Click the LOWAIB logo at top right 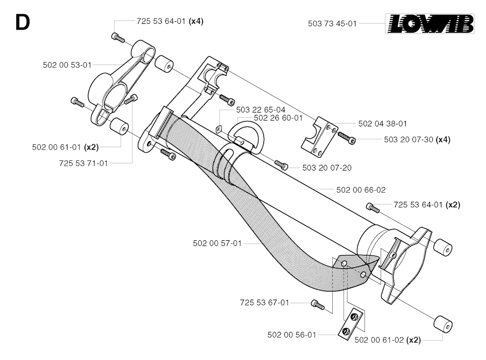[430, 24]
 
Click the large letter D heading [22, 23]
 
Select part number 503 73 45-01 [332, 24]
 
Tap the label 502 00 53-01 [67, 65]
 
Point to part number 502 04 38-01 [383, 124]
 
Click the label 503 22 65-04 [261, 110]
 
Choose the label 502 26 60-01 [278, 118]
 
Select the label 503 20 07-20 [327, 168]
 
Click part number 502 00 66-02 [361, 190]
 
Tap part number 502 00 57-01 [217, 244]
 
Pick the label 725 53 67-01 [264, 303]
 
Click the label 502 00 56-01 [292, 335]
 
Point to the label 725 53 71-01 [84, 163]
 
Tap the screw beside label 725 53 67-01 [318, 304]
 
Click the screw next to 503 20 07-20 [281, 165]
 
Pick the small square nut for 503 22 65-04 [219, 129]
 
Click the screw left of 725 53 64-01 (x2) [373, 208]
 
